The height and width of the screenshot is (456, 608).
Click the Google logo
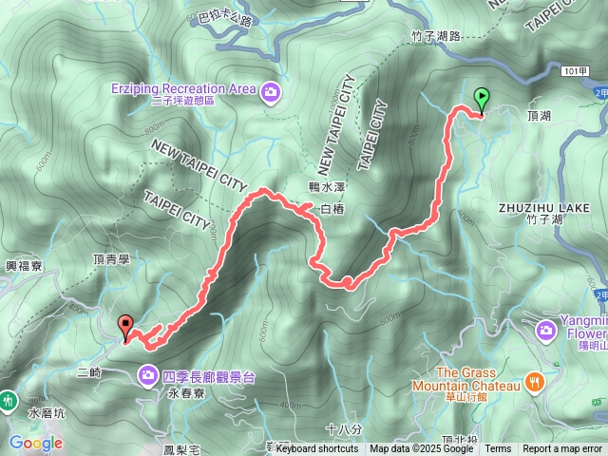click(x=35, y=443)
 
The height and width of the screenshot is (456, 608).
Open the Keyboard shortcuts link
click(x=317, y=449)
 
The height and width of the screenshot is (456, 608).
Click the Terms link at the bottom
click(x=497, y=449)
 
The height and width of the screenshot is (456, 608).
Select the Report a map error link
click(x=562, y=449)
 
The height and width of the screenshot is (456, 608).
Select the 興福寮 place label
click(x=21, y=269)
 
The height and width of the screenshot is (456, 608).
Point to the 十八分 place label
click(x=343, y=429)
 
